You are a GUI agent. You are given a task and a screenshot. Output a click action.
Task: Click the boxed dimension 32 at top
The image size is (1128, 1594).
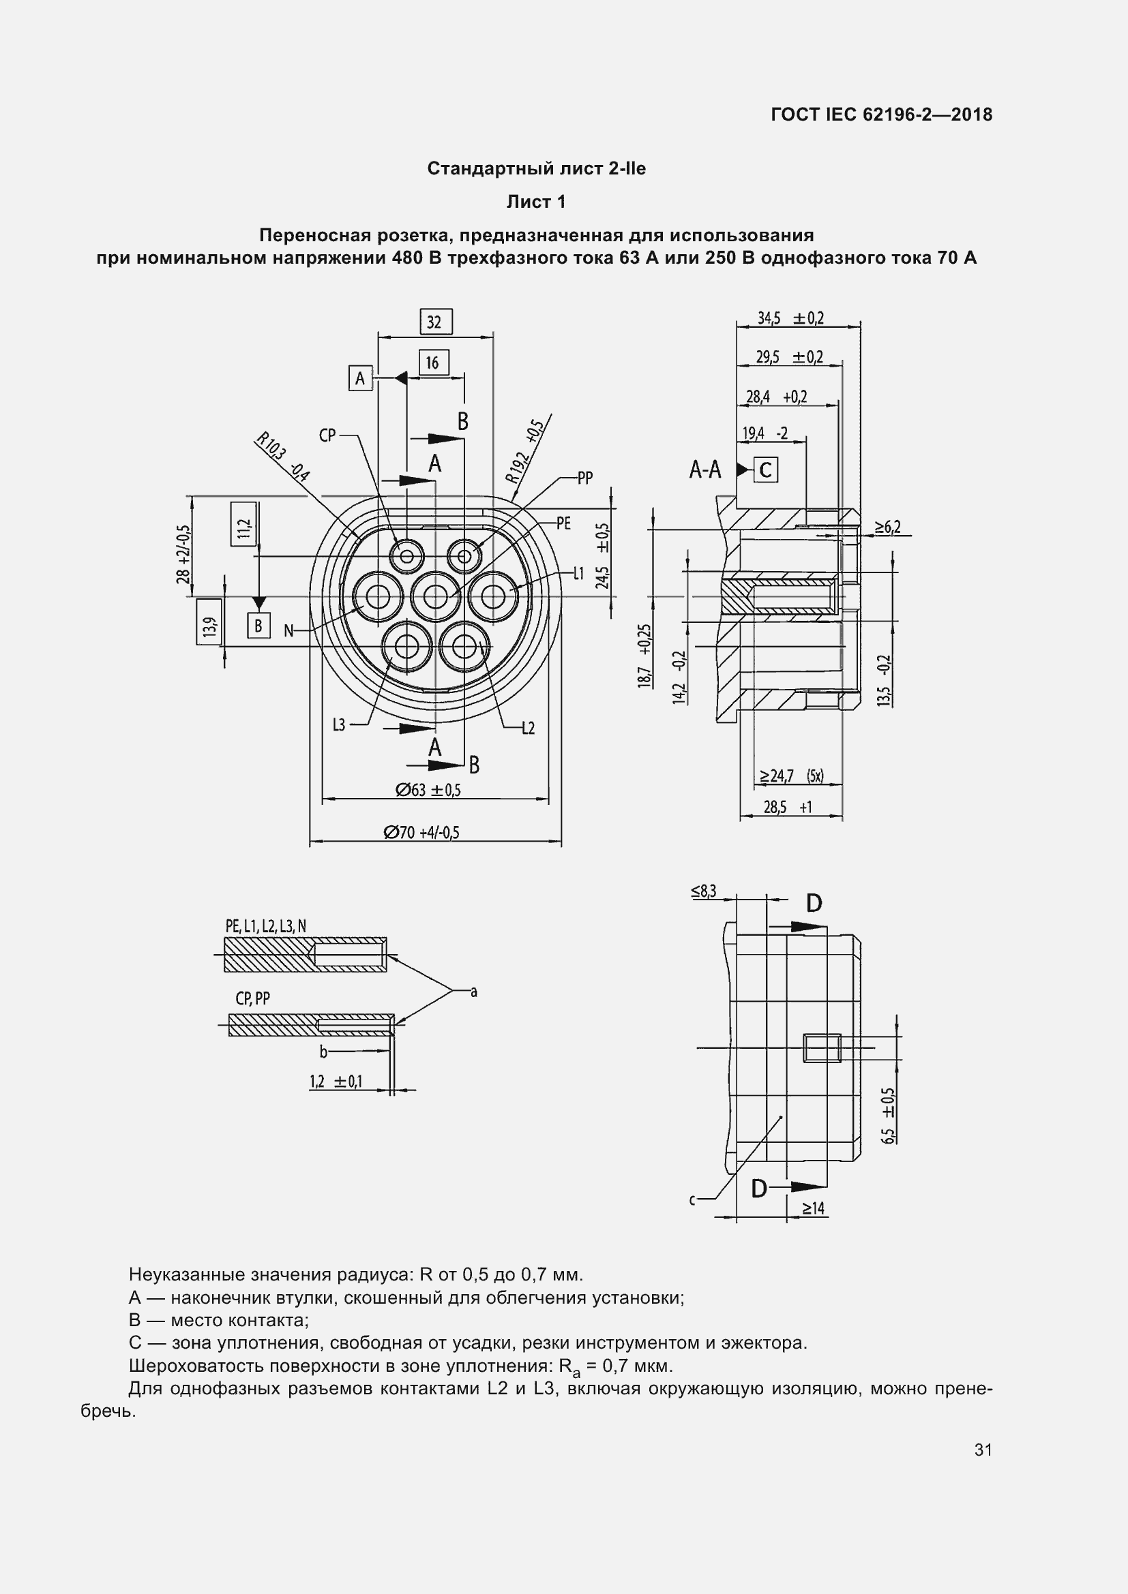pos(436,322)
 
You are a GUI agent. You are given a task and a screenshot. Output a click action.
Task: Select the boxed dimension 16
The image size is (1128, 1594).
pos(434,363)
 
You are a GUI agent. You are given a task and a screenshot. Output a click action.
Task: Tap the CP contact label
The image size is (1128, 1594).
pos(327,435)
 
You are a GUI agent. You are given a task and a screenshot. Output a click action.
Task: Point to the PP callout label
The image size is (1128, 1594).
pos(585,478)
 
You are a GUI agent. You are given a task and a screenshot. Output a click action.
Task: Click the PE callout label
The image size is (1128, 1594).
pos(563,523)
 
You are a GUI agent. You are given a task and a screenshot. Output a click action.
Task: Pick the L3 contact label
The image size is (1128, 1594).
pos(339,726)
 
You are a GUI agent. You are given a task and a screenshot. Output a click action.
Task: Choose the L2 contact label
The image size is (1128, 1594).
pos(528,729)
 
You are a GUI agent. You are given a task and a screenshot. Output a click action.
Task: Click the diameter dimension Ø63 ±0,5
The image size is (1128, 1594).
pos(428,790)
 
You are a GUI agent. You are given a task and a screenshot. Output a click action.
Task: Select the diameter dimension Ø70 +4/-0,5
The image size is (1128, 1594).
pos(421,832)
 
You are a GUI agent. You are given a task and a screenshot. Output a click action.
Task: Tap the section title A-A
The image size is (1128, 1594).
pos(705,470)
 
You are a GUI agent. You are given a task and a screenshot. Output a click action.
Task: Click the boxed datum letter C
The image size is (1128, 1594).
pos(765,470)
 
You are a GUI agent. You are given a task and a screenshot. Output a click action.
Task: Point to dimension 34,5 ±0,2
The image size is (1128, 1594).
pos(790,318)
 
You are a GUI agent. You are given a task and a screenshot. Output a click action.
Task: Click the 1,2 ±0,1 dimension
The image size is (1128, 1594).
pos(336,1081)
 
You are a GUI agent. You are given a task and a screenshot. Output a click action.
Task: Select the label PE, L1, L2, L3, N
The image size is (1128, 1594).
pos(265,926)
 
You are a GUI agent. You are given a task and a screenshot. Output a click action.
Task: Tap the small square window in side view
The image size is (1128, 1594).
pos(822,1047)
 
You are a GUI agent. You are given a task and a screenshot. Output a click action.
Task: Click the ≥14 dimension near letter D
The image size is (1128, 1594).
pos(814,1209)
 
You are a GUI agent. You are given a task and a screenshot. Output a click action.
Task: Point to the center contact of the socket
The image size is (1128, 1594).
pos(436,596)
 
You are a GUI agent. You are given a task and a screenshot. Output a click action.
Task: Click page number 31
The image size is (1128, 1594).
pos(983,1450)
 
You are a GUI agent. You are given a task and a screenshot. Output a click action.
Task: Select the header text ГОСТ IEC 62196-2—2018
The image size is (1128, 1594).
pos(880,114)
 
